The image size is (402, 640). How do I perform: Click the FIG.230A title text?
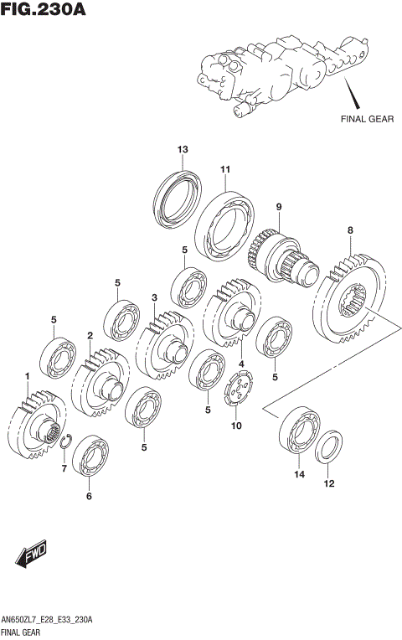click(x=44, y=9)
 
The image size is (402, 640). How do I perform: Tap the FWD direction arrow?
click(x=32, y=554)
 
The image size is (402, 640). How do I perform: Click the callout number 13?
click(x=183, y=149)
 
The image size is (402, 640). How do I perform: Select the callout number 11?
click(x=225, y=169)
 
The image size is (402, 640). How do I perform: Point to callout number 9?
click(x=279, y=207)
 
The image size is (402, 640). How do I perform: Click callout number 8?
click(x=350, y=230)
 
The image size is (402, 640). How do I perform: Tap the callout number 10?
click(x=236, y=426)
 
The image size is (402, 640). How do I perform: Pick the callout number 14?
click(x=299, y=474)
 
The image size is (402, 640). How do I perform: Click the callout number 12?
click(x=329, y=483)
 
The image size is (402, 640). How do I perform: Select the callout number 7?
click(x=64, y=468)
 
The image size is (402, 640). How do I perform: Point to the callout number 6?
click(x=89, y=496)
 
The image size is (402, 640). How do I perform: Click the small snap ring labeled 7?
click(x=66, y=442)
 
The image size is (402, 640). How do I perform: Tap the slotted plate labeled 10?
click(x=239, y=387)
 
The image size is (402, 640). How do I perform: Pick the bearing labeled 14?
click(x=299, y=431)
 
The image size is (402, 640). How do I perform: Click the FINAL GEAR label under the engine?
click(x=368, y=119)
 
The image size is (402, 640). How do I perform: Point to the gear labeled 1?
click(x=37, y=425)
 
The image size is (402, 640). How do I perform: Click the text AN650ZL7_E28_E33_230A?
click(x=48, y=620)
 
